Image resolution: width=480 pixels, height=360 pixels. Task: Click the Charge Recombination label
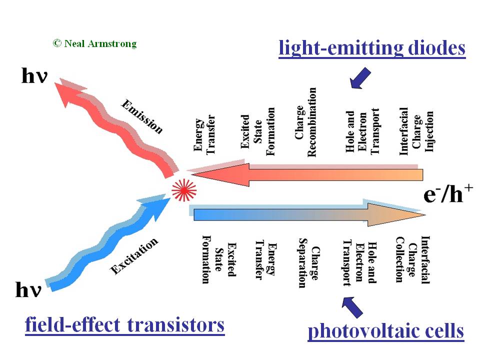[306, 122]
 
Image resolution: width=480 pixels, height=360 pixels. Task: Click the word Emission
[142, 117]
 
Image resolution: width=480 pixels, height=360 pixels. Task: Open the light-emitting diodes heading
[372, 48]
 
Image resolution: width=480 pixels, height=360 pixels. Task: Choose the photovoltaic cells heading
[385, 330]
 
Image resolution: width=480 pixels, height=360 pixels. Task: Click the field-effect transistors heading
[124, 325]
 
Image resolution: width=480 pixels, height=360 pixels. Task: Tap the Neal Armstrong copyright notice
[94, 43]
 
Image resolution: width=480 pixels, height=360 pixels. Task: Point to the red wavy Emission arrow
[115, 125]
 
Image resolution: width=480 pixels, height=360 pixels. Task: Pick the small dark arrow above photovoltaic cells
[352, 306]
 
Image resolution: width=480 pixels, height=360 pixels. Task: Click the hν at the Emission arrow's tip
[34, 76]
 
